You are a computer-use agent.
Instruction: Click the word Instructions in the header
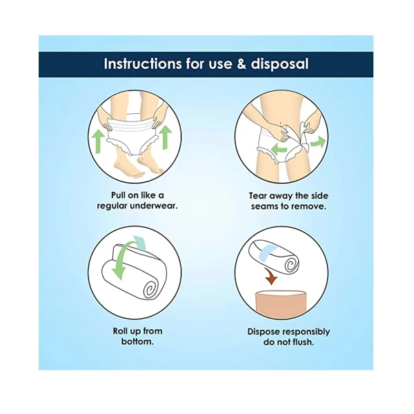coord(143,64)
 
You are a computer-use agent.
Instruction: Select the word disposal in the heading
coord(279,65)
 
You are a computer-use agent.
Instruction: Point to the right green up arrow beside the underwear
coord(166,137)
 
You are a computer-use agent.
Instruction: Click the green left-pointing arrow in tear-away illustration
coord(279,149)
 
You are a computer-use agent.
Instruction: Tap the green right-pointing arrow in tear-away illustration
coord(318,141)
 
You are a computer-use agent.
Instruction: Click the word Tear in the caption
coord(258,196)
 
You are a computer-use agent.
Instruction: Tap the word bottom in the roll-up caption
coord(137,342)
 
